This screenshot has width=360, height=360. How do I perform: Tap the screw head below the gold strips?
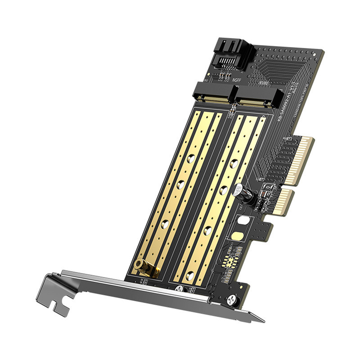[x=178, y=288]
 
